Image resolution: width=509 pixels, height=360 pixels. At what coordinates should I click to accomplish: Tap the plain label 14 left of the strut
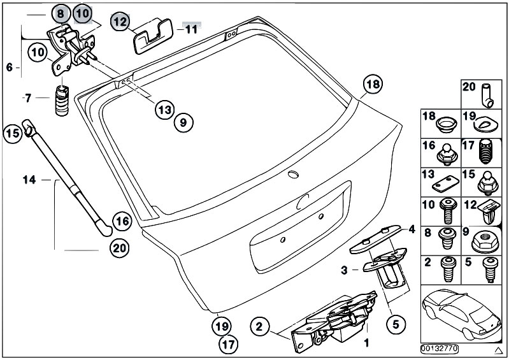click(29, 180)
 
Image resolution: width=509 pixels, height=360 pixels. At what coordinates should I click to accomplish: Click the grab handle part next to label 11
click(152, 35)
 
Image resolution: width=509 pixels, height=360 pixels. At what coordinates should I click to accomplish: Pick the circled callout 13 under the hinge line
click(164, 109)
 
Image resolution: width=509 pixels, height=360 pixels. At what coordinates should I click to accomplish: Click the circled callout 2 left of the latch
click(259, 328)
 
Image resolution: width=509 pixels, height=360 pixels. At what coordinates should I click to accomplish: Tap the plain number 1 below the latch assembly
click(366, 343)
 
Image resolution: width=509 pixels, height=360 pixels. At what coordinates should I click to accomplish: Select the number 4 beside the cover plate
click(412, 229)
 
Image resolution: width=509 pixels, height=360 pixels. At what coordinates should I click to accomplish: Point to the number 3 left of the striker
click(345, 270)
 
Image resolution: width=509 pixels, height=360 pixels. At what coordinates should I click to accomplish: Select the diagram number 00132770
click(440, 349)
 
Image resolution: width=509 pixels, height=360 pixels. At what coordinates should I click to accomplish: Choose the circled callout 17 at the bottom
click(227, 345)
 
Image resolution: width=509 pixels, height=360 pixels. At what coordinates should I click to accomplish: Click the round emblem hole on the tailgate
click(293, 175)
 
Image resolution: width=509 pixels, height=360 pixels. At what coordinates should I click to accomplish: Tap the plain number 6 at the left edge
click(9, 66)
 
